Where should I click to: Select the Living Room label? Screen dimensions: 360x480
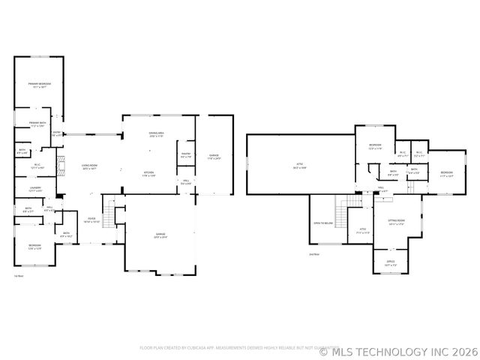pos(91,166)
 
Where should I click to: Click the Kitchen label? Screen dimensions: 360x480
pos(149,174)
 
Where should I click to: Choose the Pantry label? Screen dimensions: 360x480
pos(185,155)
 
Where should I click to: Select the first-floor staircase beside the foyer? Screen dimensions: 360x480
pos(110,215)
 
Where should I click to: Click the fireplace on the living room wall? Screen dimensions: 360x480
pos(64,165)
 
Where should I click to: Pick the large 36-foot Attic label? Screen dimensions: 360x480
pos(298,166)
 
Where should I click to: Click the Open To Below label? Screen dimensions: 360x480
pos(322,223)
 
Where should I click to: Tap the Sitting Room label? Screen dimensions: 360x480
pos(396,222)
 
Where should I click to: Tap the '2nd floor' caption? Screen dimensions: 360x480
pos(313,254)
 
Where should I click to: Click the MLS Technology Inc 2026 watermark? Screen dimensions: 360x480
pos(398,350)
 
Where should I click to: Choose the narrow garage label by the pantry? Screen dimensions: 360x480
pos(214,157)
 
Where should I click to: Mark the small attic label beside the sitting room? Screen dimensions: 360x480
pos(362,230)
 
